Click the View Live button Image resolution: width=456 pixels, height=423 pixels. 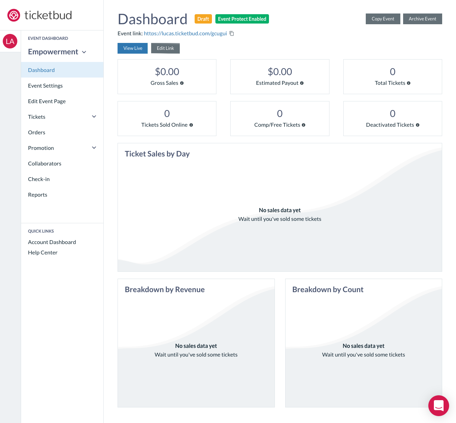(133, 48)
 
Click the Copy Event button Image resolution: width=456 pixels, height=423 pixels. (383, 19)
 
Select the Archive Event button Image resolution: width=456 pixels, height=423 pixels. (422, 19)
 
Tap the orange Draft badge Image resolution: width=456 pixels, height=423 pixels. (203, 19)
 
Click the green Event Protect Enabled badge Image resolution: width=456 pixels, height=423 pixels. (242, 19)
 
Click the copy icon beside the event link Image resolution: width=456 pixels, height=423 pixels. (232, 34)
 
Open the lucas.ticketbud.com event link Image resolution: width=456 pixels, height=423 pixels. (185, 34)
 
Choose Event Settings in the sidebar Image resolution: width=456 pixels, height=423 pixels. (45, 85)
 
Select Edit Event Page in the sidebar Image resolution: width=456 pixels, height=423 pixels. (47, 101)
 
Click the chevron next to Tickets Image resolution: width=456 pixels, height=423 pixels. (94, 117)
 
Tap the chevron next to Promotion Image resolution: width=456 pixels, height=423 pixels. (94, 148)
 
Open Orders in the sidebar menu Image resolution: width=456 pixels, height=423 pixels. (37, 132)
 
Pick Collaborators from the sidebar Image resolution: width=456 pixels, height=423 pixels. (45, 163)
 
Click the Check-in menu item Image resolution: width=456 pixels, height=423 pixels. (39, 179)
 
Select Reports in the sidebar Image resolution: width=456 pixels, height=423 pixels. (38, 195)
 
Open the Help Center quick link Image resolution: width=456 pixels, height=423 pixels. (43, 252)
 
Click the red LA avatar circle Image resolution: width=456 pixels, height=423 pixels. (10, 42)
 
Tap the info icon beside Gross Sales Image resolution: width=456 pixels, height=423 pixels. (182, 83)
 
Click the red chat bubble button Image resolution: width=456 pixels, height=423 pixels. (438, 405)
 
